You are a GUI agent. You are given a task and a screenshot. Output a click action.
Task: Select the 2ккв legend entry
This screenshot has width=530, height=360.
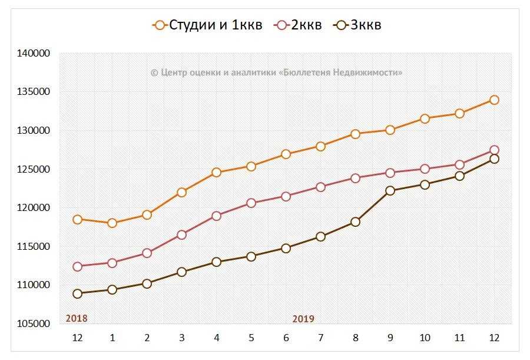(299, 25)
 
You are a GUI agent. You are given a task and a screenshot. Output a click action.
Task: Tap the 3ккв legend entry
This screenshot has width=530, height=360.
(358, 25)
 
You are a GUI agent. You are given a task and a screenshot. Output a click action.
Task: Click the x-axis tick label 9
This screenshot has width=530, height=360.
(390, 338)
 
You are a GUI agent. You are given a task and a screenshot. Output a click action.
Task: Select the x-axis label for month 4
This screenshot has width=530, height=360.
(216, 338)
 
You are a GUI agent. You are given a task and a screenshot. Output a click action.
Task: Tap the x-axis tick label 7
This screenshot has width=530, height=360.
(320, 338)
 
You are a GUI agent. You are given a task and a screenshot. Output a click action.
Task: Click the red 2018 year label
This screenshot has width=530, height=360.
(77, 318)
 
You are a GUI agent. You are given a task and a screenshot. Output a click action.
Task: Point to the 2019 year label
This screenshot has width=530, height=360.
(303, 319)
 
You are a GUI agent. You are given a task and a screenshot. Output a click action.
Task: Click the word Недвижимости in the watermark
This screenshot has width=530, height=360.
(368, 72)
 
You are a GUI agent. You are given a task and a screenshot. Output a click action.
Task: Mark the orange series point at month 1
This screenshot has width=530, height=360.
(112, 223)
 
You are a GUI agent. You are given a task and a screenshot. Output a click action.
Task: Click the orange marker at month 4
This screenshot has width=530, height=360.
(216, 173)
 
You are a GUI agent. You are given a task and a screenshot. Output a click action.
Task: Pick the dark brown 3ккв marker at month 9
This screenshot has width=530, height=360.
(390, 190)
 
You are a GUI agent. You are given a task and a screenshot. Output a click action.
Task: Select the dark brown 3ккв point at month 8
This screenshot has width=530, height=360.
(355, 222)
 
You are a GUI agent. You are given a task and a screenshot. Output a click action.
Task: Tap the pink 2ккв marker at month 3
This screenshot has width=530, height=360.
(181, 235)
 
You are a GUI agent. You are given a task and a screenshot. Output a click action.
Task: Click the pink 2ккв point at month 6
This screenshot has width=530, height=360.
(286, 196)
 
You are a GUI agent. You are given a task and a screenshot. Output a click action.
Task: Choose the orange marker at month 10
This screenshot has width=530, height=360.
(425, 118)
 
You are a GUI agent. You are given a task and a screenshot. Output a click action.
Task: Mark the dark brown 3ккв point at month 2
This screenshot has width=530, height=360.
(147, 283)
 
